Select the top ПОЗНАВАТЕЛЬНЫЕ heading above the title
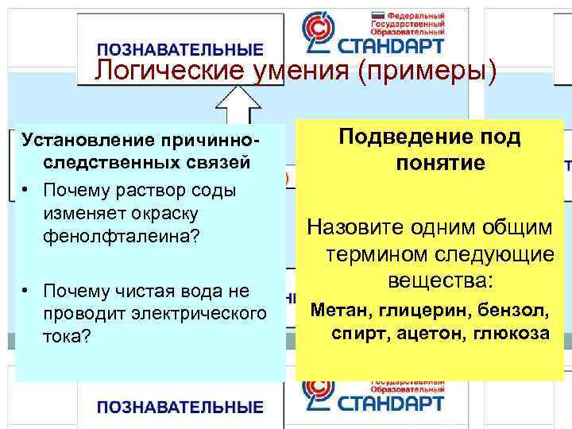[180, 49]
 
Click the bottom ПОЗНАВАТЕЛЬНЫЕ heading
[180, 408]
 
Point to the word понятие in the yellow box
[440, 164]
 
